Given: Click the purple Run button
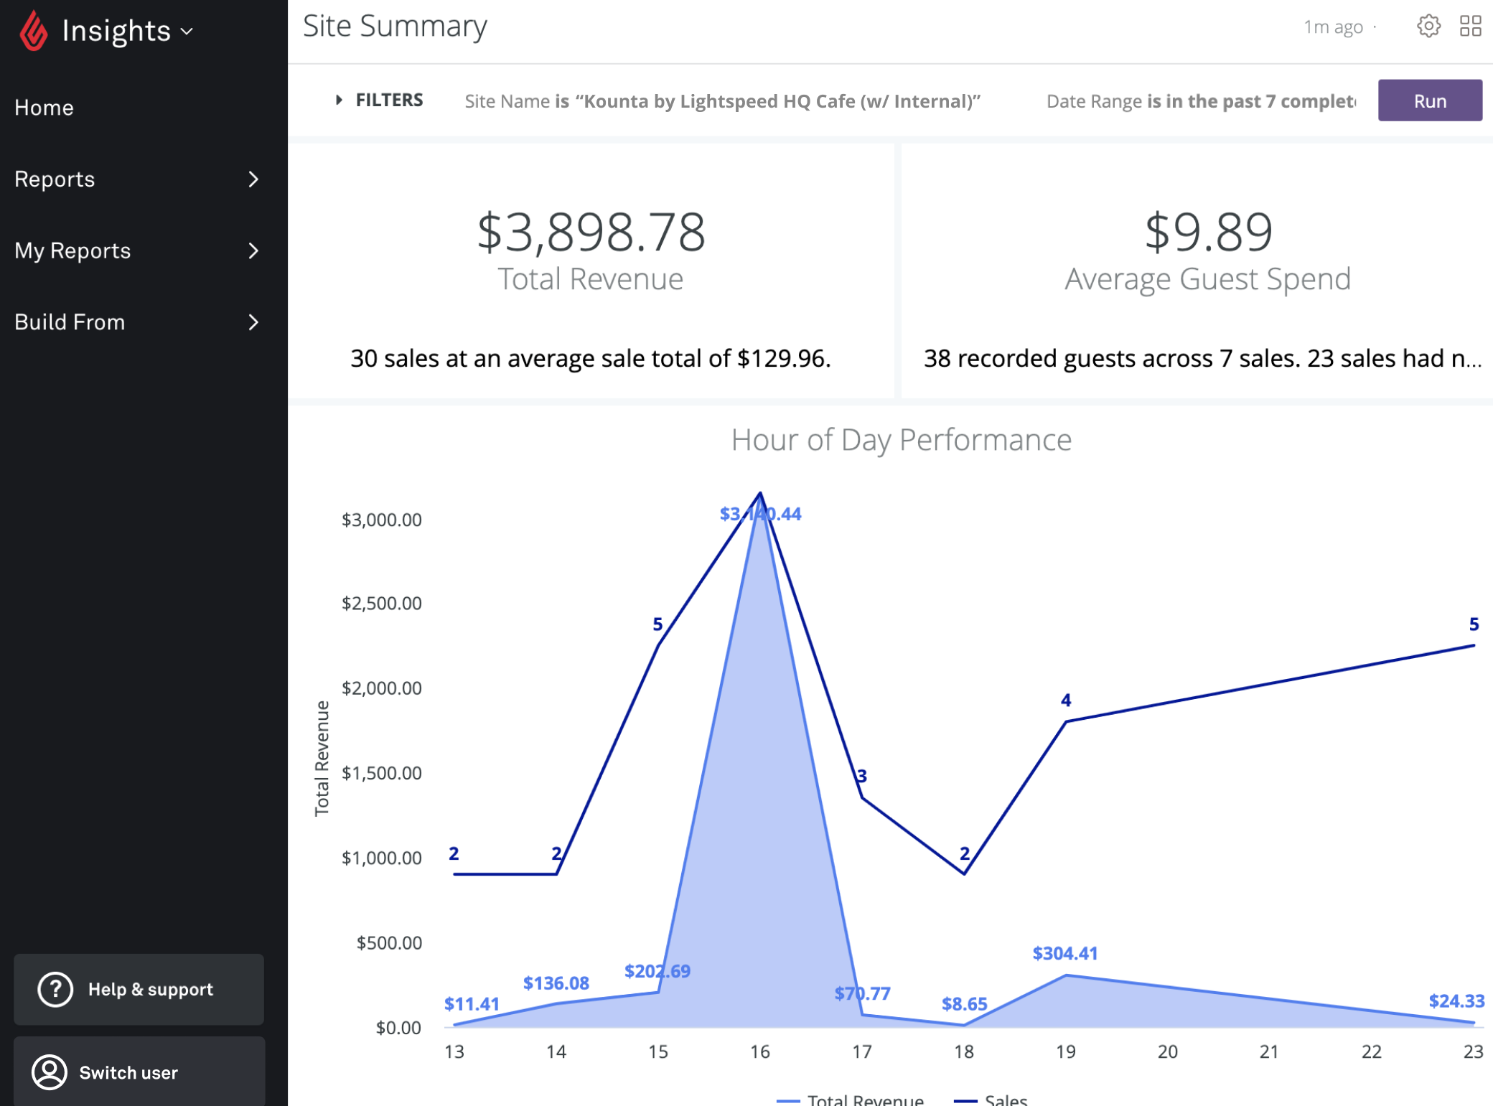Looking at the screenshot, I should [x=1429, y=101].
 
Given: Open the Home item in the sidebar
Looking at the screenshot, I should [x=45, y=108].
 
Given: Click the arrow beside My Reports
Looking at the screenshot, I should [x=253, y=250].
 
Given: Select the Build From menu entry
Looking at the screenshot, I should [x=70, y=322].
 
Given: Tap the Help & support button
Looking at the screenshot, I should [x=139, y=989].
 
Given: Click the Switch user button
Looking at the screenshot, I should [x=139, y=1072].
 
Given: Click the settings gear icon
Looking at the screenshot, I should [x=1428, y=27].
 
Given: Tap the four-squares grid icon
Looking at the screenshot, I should [x=1470, y=27].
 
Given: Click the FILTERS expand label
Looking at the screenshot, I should [x=389, y=100].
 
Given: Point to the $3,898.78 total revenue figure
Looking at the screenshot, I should [x=591, y=233].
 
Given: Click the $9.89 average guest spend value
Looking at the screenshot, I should [x=1208, y=233].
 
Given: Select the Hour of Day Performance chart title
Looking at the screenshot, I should [x=901, y=440].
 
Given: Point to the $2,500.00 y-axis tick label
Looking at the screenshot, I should [x=381, y=604].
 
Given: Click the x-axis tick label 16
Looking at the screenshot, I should [x=760, y=1052].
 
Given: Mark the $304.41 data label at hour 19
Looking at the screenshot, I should [x=1065, y=954].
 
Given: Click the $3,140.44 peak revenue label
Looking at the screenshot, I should [x=760, y=514].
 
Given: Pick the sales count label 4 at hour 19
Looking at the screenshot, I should [x=1066, y=700].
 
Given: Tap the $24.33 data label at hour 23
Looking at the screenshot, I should [x=1456, y=1001].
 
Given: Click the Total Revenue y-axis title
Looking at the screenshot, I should [x=322, y=758].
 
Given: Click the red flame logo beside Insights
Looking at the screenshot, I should [x=33, y=32].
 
